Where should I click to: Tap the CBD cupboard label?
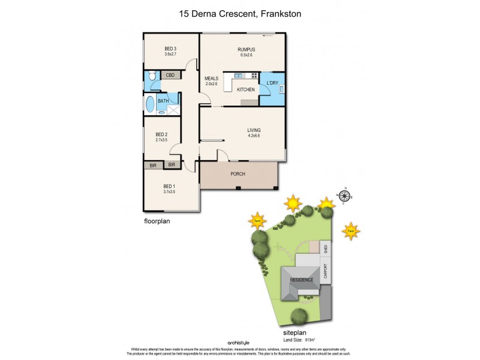coord(170,75)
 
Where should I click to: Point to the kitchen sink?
coord(238,76)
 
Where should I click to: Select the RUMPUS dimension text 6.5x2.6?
coord(246,55)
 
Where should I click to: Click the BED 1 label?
coord(169,186)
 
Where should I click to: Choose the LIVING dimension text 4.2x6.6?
coord(254,136)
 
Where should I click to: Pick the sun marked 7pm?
coord(257,221)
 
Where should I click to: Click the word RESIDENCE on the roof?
coord(302,280)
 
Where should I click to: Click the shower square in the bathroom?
coord(172,110)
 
